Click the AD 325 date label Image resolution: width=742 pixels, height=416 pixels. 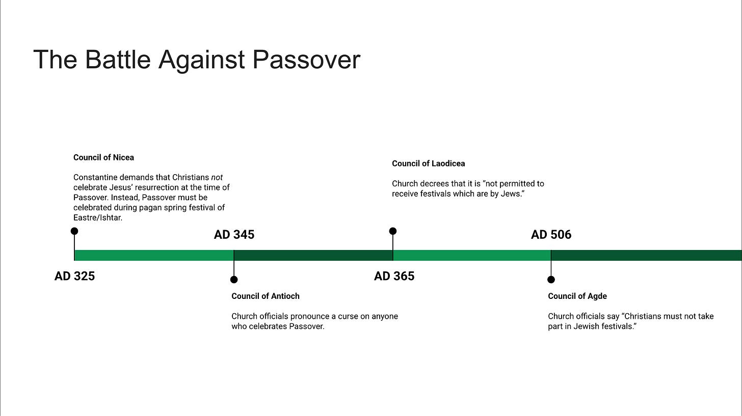74,276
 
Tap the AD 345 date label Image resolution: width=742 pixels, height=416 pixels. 234,235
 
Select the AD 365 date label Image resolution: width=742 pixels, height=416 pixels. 394,276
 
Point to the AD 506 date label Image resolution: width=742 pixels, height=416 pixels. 551,235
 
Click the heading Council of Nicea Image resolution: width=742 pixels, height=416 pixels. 103,157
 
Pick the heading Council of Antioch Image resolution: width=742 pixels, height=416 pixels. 266,296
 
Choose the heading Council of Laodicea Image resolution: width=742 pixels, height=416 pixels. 428,163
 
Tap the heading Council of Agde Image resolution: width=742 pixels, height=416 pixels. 577,296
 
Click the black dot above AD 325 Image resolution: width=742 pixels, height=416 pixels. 74,231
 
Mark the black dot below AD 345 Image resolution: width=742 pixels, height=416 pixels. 234,280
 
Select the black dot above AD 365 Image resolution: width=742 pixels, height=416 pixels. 393,231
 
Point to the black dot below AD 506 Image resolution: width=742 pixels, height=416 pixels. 551,280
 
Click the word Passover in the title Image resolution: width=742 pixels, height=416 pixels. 306,60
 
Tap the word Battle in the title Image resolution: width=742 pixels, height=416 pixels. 118,60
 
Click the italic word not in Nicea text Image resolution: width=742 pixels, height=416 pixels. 217,177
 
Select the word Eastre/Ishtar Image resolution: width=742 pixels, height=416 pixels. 98,217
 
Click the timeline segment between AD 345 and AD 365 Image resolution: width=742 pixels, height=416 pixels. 313,255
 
